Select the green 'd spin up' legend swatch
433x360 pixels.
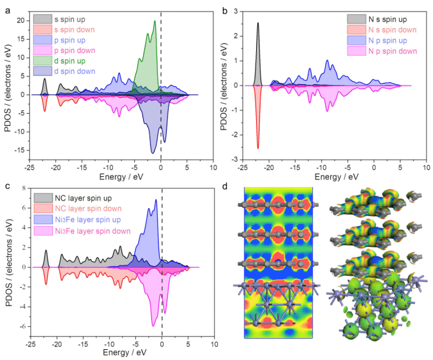coord(46,61)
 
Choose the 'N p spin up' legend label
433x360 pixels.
coord(390,40)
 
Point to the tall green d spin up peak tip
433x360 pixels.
coord(155,21)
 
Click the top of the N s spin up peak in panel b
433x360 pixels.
coord(257,23)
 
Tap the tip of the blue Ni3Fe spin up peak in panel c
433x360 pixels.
coord(156,200)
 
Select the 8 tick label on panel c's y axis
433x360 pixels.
coord(22,188)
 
